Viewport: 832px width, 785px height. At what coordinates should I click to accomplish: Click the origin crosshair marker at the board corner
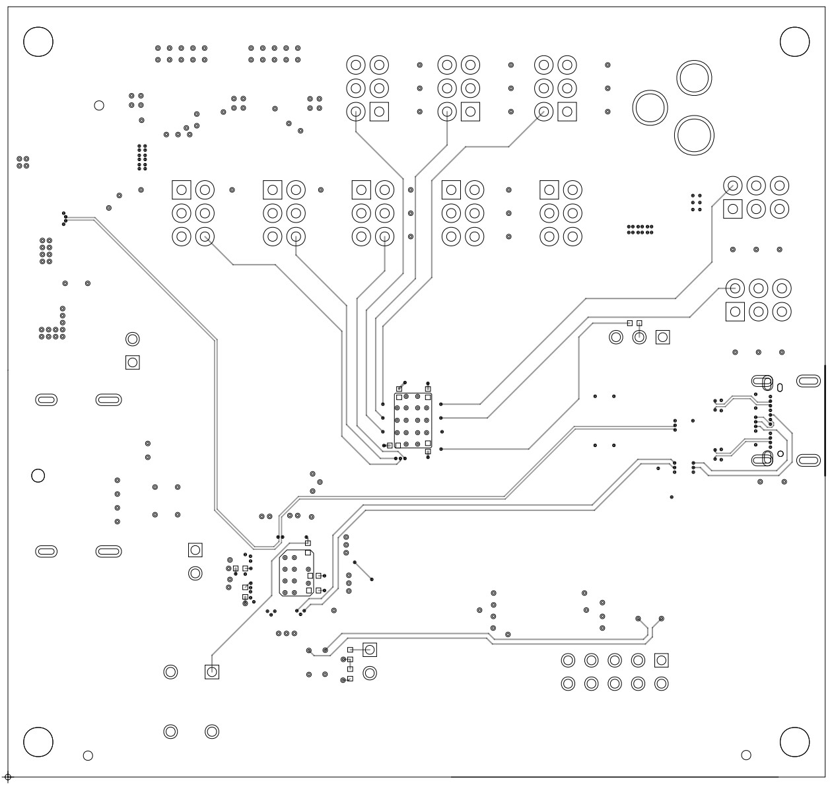point(8,777)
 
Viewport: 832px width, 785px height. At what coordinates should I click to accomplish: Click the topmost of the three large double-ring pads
point(695,79)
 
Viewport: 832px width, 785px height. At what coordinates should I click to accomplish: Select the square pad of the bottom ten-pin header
point(661,660)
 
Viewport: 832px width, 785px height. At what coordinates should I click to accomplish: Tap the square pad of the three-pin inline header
point(662,337)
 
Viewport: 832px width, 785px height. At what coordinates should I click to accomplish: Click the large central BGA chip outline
point(413,421)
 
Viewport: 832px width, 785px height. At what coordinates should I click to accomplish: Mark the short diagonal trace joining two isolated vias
point(363,571)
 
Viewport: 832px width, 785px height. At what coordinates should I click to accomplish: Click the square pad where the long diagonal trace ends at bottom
point(212,672)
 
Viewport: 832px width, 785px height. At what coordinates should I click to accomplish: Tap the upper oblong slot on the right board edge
point(809,381)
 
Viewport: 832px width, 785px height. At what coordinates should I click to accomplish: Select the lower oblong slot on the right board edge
point(809,460)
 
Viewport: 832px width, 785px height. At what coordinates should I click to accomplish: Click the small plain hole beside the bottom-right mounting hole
point(746,755)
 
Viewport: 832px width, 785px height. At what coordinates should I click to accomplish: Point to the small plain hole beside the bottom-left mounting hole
point(88,755)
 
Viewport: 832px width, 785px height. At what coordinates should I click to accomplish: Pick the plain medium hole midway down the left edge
point(38,475)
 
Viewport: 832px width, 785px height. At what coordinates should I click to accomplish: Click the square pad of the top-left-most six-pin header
point(379,112)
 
